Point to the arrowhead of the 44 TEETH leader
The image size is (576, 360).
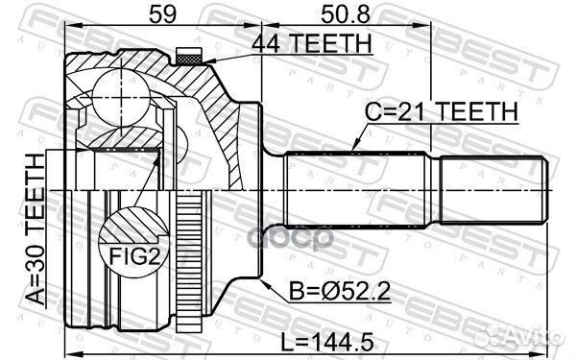pyautogui.click(x=206, y=62)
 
